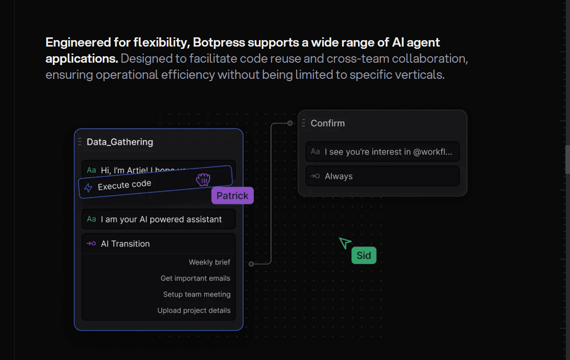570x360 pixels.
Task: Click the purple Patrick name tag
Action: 232,195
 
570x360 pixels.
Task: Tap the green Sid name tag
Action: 364,255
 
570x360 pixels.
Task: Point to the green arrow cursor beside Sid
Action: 344,242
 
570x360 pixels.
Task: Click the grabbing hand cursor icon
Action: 203,180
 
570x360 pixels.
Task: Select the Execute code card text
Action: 124,185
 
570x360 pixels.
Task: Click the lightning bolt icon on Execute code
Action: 88,188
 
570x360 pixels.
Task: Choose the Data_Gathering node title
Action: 120,142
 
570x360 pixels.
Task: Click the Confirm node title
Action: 328,123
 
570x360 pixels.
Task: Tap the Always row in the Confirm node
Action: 339,176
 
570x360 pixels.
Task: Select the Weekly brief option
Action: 209,262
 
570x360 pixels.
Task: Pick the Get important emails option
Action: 195,278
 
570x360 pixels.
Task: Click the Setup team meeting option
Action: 197,295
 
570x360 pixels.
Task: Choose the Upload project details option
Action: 194,311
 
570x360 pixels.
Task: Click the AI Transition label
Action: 125,244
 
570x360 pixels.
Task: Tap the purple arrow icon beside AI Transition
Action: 91,243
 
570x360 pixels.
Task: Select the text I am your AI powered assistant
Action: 161,219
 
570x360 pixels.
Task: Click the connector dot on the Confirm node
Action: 290,123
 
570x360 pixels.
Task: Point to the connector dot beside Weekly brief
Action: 251,264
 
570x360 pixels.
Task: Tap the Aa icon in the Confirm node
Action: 315,152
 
